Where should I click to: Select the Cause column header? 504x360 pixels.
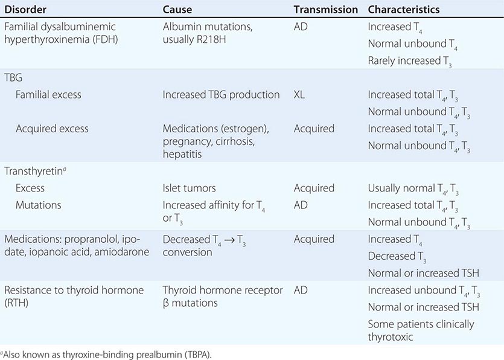tap(177, 10)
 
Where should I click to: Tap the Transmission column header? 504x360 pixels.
tap(326, 10)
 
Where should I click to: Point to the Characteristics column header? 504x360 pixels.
tap(404, 10)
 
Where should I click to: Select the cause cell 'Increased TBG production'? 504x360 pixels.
tap(221, 94)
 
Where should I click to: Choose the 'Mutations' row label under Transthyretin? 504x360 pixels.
tap(39, 205)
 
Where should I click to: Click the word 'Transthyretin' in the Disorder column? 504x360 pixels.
tap(32, 171)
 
